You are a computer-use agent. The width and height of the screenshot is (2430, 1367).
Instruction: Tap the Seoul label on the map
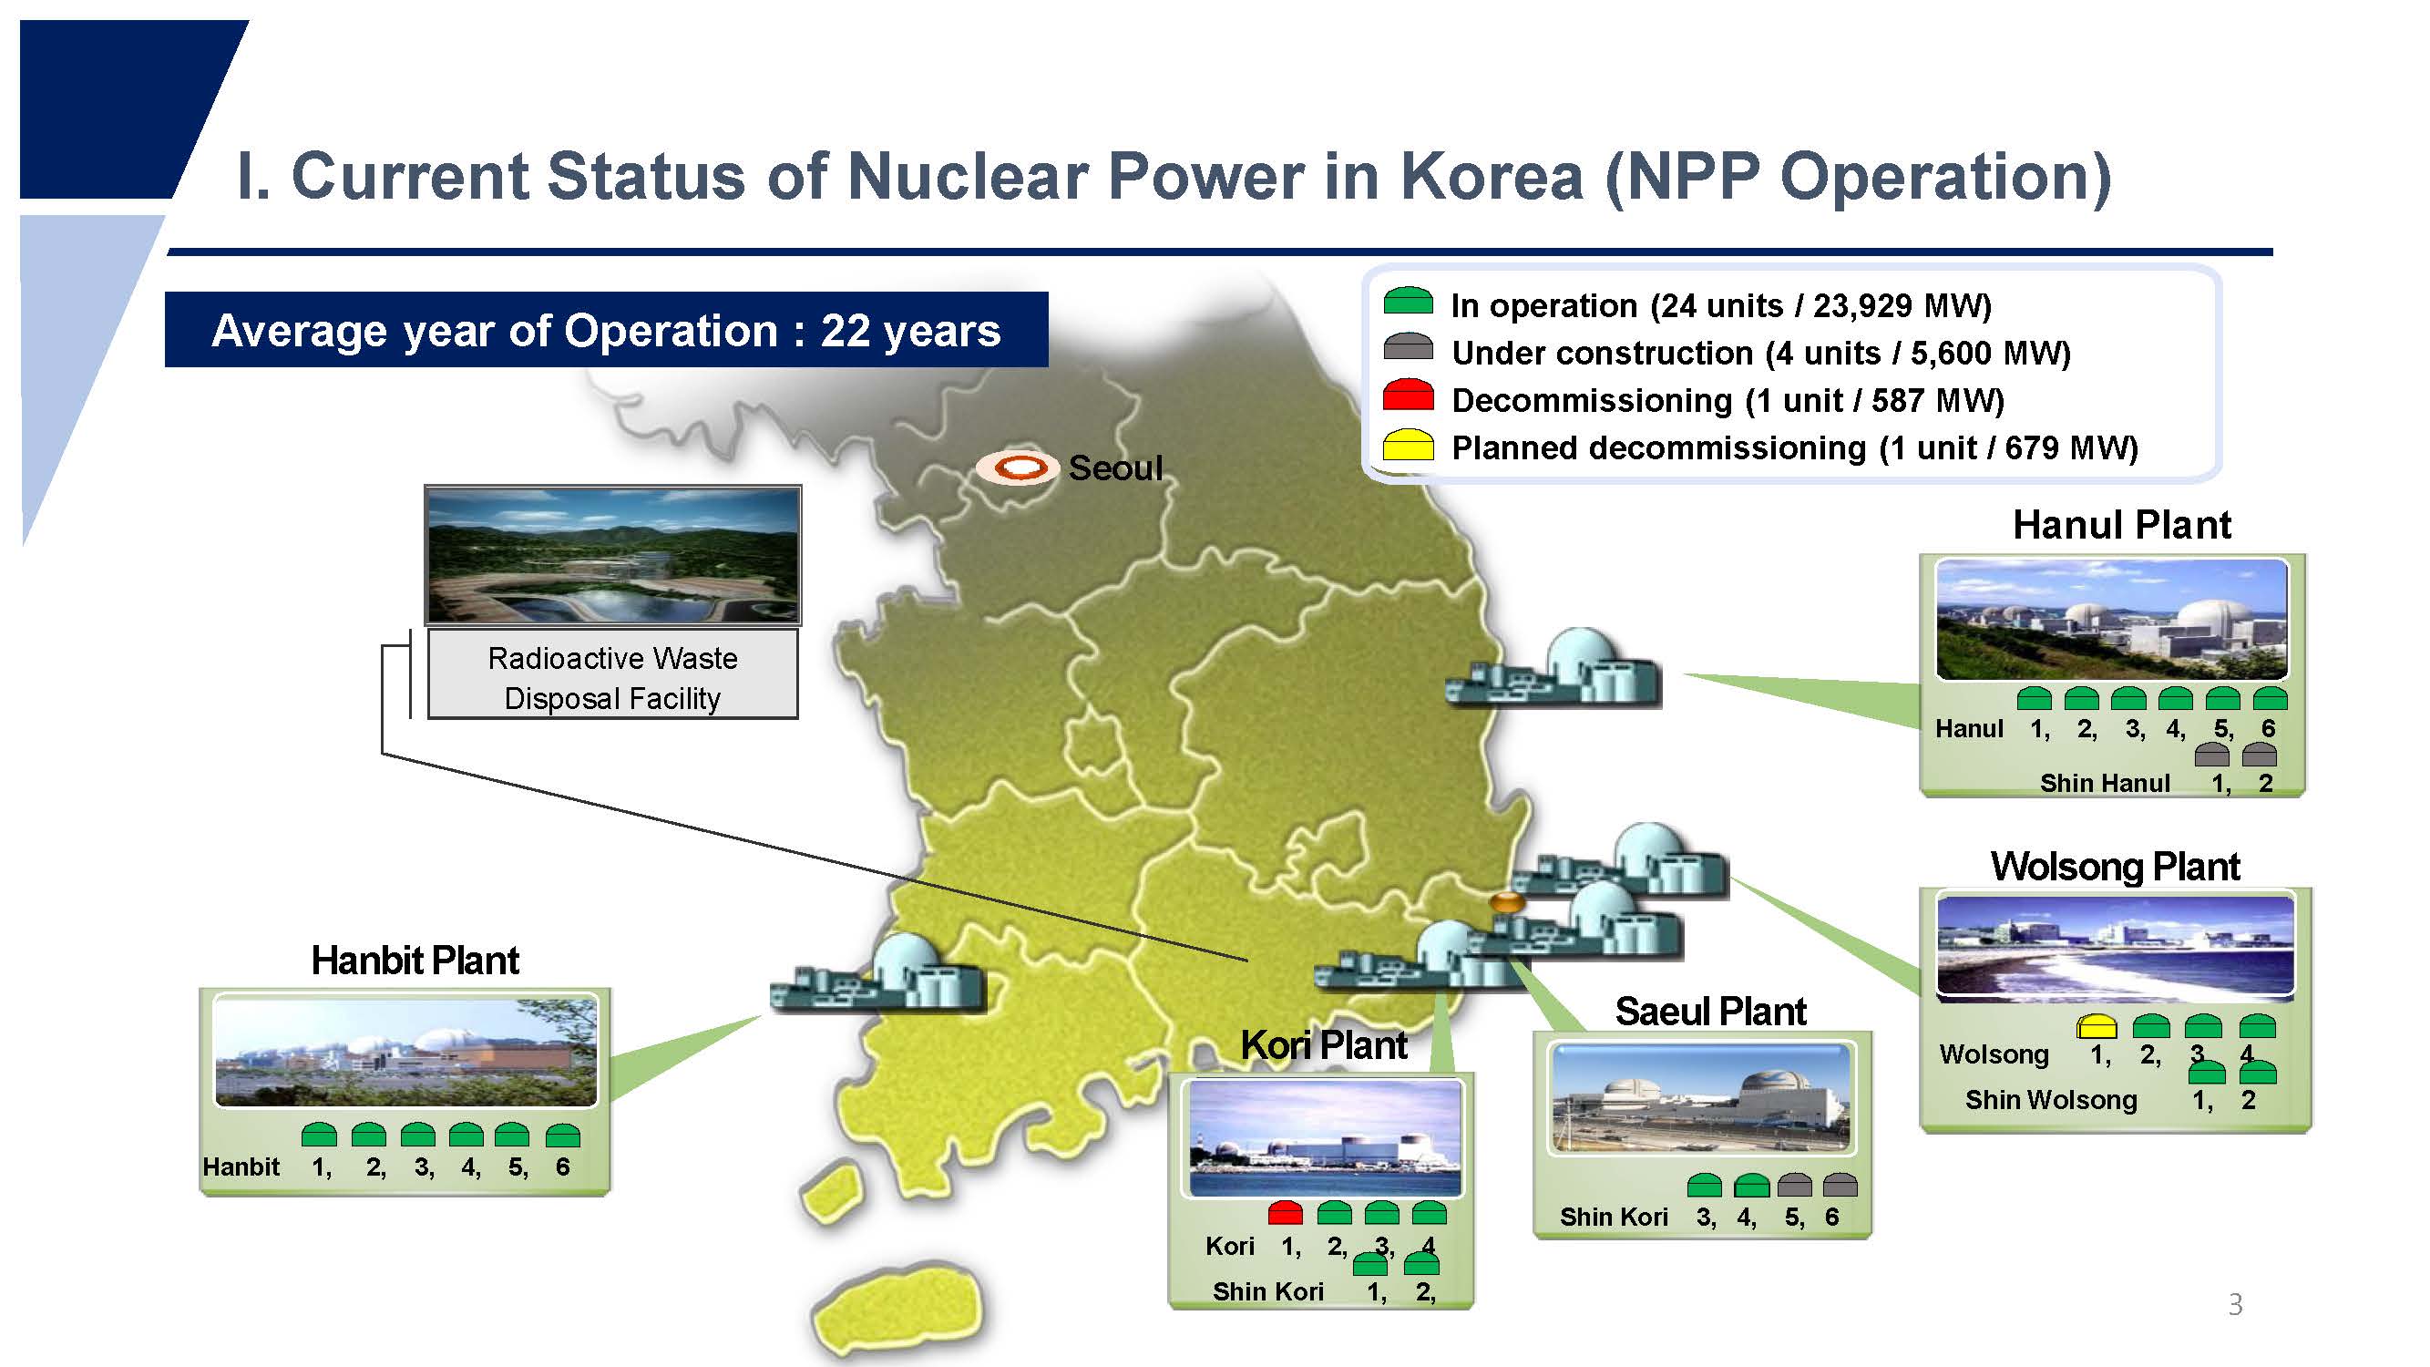click(1115, 468)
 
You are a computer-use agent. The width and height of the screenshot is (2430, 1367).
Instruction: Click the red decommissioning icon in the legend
click(1408, 395)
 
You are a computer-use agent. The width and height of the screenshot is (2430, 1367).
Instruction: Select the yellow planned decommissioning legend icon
click(1408, 444)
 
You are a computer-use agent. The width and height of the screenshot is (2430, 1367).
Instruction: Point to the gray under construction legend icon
click(1408, 346)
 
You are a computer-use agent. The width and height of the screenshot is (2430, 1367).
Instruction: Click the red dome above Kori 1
click(1285, 1212)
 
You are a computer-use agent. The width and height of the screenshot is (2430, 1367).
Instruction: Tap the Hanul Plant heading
click(2121, 525)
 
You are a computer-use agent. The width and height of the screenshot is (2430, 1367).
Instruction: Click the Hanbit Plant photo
click(405, 1050)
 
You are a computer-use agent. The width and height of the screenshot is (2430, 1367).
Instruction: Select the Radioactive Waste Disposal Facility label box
click(613, 674)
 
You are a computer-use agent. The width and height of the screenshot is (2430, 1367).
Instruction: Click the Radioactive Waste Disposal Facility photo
click(613, 555)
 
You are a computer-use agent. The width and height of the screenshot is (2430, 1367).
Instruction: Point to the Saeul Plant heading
click(1710, 1012)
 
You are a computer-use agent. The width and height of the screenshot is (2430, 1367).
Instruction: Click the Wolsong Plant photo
click(2115, 946)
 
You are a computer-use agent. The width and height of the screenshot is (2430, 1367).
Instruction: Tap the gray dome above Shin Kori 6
click(1840, 1185)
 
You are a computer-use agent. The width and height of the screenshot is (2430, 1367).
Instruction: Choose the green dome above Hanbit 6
click(562, 1135)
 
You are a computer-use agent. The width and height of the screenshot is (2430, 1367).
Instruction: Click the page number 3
click(2235, 1305)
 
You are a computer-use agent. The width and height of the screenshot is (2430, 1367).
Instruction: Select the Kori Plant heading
click(1324, 1045)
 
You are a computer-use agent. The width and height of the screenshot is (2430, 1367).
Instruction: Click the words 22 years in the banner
click(910, 331)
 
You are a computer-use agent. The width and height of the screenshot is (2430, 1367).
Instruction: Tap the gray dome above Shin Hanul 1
click(2212, 755)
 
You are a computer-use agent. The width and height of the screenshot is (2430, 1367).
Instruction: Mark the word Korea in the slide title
click(1492, 177)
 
